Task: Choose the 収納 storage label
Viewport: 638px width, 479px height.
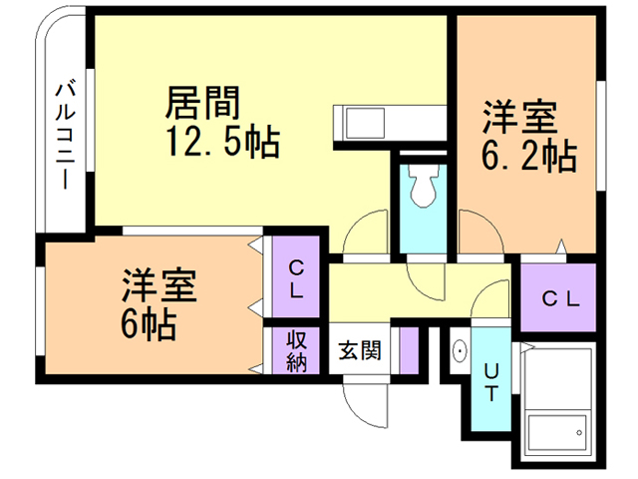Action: pos(296,350)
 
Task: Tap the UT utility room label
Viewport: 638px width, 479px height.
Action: pos(490,380)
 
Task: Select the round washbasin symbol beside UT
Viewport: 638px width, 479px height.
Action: pos(460,352)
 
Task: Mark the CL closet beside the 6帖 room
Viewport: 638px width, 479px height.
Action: pos(296,280)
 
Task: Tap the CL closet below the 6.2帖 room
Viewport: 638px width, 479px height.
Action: pos(559,298)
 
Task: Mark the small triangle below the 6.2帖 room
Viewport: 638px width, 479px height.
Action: pos(563,245)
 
